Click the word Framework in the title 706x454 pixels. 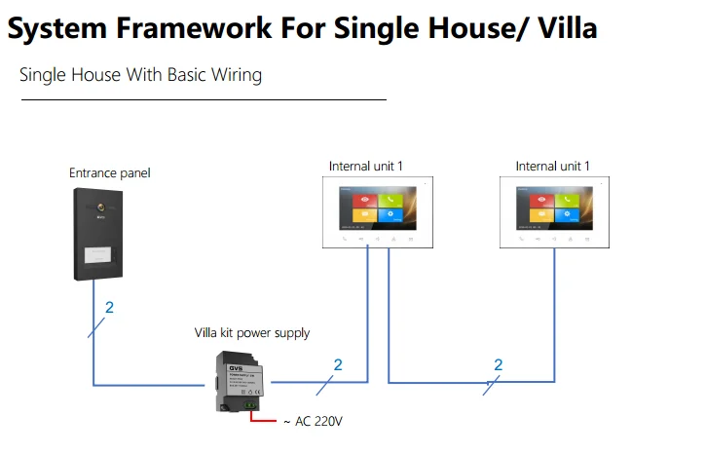[x=194, y=28]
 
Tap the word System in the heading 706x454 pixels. [x=59, y=28]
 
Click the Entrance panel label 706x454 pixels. [x=109, y=173]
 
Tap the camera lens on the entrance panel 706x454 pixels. [x=100, y=208]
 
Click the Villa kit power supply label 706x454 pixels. [x=251, y=333]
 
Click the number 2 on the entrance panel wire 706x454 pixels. [x=109, y=308]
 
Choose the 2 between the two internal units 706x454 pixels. [x=499, y=365]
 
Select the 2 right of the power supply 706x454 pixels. [x=338, y=365]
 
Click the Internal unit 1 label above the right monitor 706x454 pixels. [x=552, y=167]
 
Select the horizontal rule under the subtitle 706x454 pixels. [x=204, y=99]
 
